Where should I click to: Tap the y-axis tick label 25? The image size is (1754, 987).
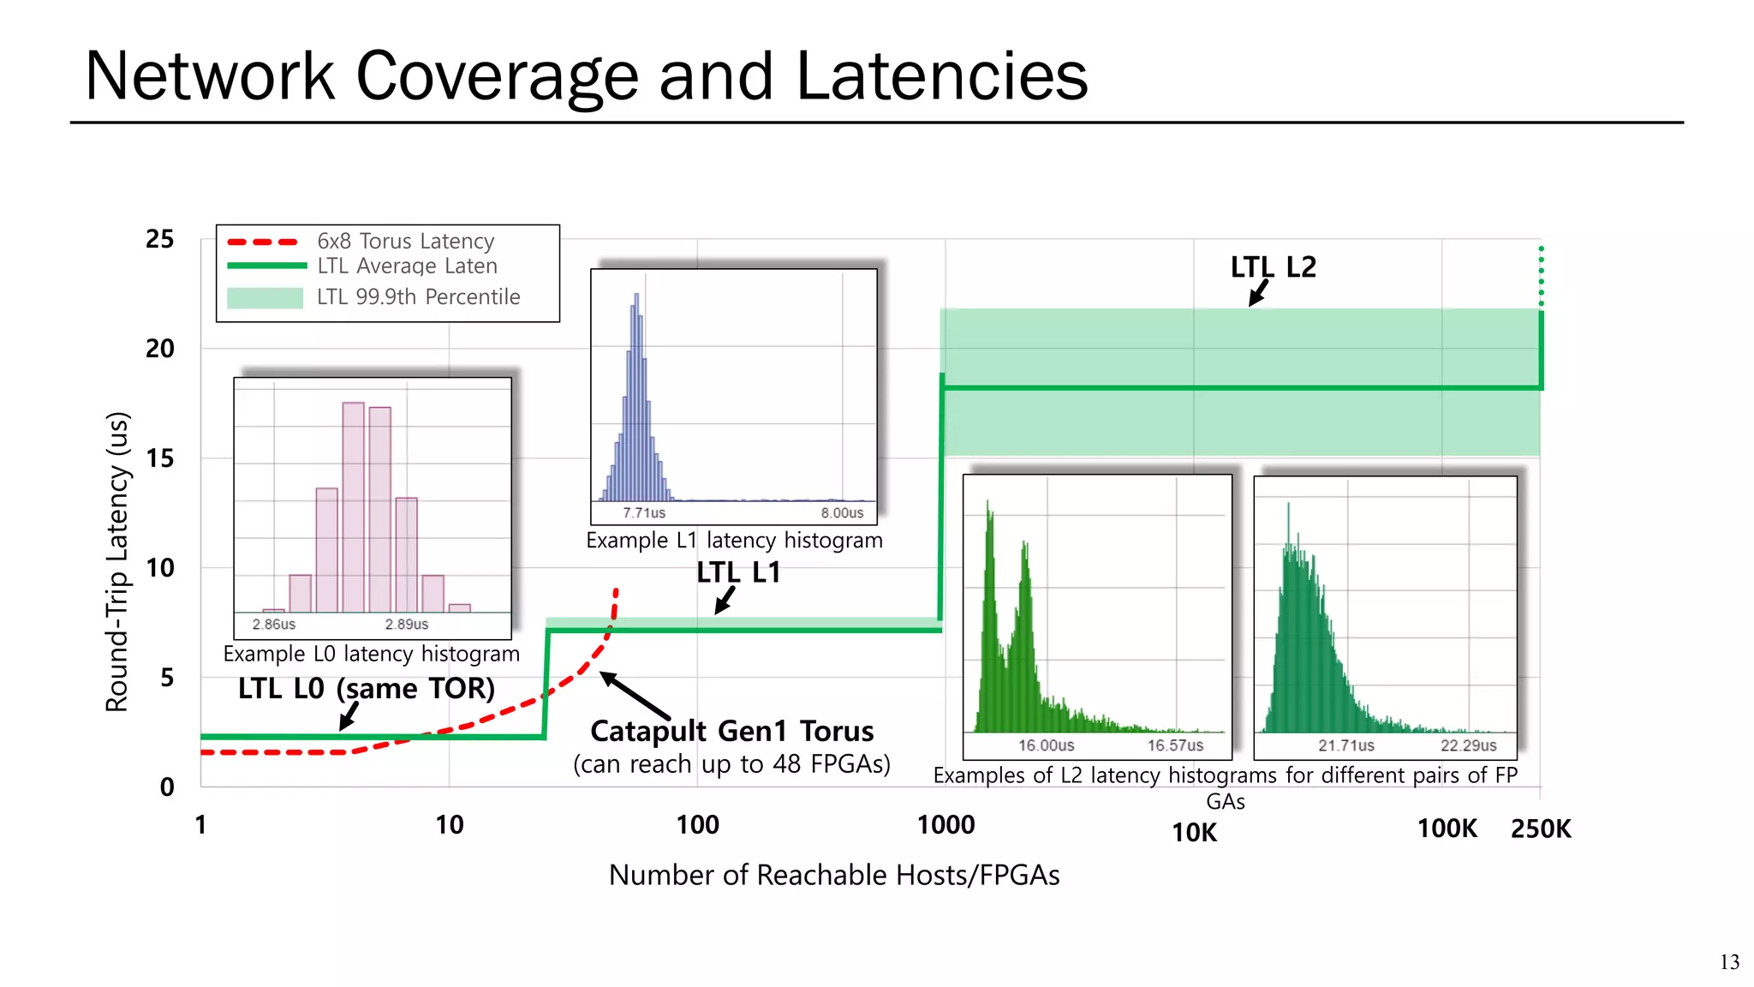[x=159, y=239]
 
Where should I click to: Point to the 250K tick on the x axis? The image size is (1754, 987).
[x=1541, y=828]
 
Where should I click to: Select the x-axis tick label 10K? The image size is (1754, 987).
[x=1194, y=832]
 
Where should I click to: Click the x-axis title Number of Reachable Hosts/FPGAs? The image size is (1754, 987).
[x=833, y=875]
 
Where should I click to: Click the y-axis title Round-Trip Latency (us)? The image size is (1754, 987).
[x=117, y=562]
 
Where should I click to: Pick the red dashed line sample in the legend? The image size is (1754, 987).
[x=263, y=242]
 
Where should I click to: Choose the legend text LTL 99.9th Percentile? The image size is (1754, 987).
[x=418, y=297]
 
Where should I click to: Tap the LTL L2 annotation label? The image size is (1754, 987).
[x=1273, y=267]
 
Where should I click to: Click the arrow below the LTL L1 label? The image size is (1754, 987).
[x=725, y=601]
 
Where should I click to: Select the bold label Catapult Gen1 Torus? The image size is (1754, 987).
[x=731, y=731]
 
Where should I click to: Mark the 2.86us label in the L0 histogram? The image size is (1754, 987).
[x=273, y=625]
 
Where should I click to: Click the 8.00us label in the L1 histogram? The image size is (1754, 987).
[x=842, y=513]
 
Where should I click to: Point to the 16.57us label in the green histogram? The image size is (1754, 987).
[x=1175, y=745]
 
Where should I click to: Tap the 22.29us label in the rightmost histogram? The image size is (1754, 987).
[x=1468, y=745]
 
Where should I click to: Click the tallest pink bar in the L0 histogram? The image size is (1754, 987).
[x=353, y=507]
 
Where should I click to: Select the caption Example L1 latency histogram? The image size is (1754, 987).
[x=734, y=541]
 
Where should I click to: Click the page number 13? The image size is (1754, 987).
[x=1729, y=962]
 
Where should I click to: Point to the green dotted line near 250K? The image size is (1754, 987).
[x=1541, y=276]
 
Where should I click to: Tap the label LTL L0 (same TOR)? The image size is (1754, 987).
[x=366, y=688]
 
